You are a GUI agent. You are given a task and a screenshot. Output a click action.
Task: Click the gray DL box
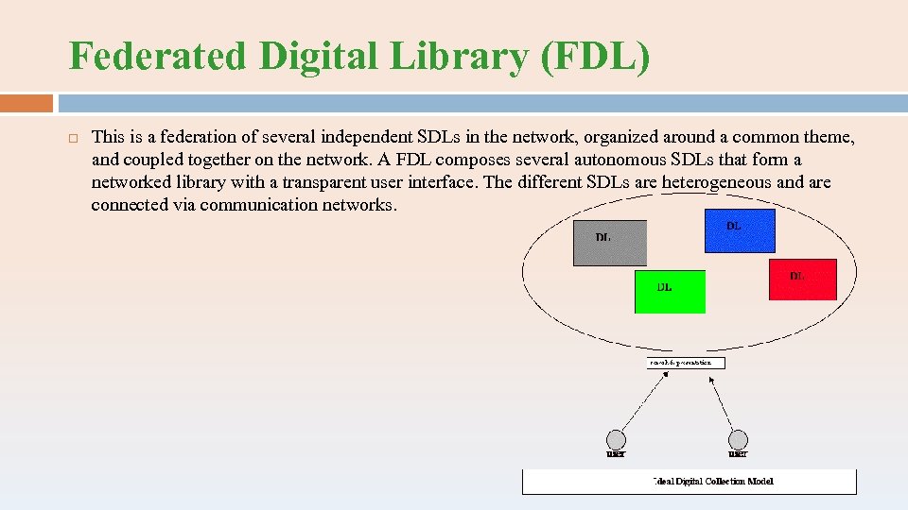point(610,243)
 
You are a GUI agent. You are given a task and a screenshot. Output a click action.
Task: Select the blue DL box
point(740,231)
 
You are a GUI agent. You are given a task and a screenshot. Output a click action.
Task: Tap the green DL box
point(670,292)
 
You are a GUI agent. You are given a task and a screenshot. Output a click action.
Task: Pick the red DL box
point(802,280)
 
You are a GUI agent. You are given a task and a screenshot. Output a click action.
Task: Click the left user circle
point(616,440)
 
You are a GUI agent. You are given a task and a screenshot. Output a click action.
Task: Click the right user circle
point(738,440)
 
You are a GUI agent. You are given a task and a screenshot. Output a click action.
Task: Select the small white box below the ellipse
point(686,363)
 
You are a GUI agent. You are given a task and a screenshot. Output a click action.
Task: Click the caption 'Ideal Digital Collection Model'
point(713,482)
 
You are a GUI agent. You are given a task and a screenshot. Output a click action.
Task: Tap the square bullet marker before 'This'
point(73,139)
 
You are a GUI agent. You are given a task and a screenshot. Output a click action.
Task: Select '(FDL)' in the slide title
point(596,58)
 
